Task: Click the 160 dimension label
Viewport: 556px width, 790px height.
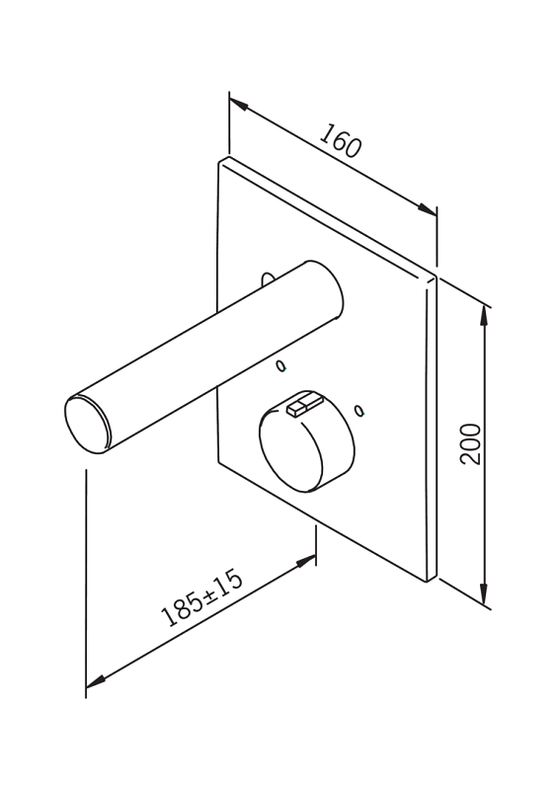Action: coord(341,140)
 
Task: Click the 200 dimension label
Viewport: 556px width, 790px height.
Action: coord(471,443)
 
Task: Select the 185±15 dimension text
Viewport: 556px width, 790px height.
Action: coord(201,597)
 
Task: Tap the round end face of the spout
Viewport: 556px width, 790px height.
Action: coord(87,425)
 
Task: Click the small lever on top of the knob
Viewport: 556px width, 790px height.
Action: coord(304,405)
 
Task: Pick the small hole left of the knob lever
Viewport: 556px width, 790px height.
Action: coord(281,365)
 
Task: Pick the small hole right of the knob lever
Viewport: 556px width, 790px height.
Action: coord(358,411)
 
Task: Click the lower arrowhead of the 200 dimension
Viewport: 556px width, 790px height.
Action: coord(484,593)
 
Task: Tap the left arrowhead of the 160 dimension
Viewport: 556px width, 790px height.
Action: coord(239,105)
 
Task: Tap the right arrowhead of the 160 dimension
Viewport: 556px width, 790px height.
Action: coord(427,209)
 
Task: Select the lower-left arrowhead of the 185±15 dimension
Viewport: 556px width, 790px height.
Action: coord(96,681)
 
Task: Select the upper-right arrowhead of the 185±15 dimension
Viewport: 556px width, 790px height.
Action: coord(306,561)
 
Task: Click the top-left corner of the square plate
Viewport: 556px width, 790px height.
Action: coord(220,161)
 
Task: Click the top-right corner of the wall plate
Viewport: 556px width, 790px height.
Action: coord(434,276)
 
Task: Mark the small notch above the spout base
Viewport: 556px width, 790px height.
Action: coord(268,279)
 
